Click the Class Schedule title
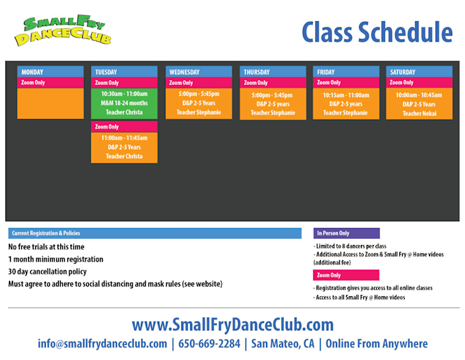377,31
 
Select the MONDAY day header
50,72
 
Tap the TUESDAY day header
124,72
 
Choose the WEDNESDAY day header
198,72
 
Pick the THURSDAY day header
273,72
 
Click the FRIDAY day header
346,72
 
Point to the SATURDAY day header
419,72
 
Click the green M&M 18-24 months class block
124,103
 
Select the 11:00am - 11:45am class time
124,138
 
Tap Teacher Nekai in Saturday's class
419,114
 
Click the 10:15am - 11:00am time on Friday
346,95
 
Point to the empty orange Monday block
50,103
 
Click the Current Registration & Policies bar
155,233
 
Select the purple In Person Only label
346,233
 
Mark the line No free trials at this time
46,247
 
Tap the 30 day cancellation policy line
47,272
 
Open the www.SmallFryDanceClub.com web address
232,324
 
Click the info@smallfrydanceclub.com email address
103,344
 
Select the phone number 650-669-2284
209,344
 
